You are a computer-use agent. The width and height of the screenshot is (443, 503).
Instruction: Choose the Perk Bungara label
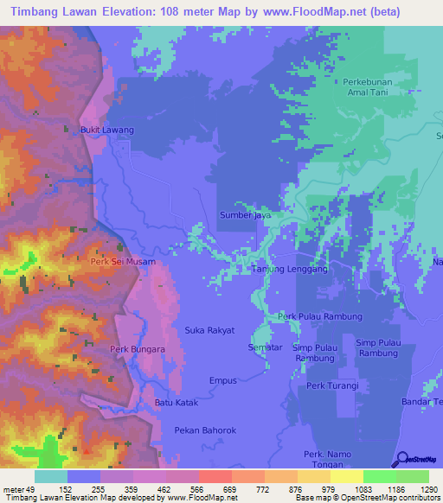[x=132, y=349]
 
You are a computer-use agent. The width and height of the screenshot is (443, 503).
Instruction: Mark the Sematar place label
[x=264, y=347]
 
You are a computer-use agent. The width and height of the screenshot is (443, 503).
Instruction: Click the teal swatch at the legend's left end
[x=50, y=476]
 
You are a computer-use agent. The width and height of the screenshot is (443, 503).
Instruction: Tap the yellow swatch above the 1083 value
[x=346, y=476]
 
